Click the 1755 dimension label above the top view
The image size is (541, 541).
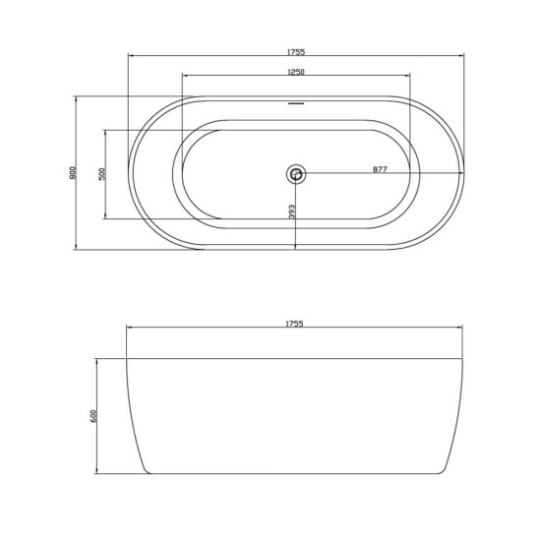296,52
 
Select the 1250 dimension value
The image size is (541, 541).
296,72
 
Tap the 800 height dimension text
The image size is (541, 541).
73,173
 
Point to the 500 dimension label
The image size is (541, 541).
101,174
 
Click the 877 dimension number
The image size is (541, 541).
381,169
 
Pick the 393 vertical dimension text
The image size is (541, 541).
292,212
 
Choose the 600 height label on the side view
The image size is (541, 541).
93,416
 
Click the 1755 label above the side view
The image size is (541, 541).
294,324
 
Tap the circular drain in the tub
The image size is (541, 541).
296,173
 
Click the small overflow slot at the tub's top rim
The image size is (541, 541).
296,103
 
